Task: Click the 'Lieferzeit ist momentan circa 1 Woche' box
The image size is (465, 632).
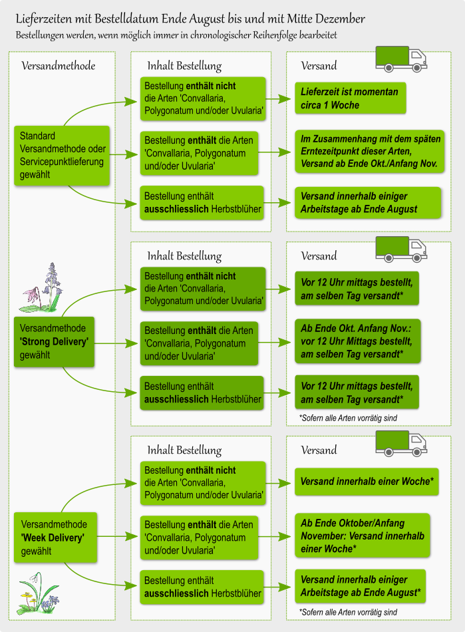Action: coord(349,98)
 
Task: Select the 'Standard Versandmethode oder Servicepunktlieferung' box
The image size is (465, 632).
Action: coord(63,155)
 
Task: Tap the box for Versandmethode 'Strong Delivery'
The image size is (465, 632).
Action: coord(54,341)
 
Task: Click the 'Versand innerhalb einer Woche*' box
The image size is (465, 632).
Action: coord(367,481)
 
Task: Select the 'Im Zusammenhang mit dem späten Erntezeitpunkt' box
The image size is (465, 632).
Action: coord(369,152)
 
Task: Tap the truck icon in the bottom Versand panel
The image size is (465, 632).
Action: coord(401,444)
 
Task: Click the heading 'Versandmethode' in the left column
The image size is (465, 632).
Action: coord(58,66)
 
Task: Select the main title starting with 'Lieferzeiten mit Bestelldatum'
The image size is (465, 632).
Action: coord(190,19)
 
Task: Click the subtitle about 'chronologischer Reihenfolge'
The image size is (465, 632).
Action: coord(180,34)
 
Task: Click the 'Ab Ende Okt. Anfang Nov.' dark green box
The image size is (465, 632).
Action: coord(357,341)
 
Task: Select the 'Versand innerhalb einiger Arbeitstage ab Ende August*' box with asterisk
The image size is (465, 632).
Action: coord(360,585)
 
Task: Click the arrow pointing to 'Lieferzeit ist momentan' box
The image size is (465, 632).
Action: coord(280,99)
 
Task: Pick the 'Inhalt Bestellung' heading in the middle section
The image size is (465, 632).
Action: coord(184,256)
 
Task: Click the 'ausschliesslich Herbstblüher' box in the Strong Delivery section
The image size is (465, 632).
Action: coord(203,393)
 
